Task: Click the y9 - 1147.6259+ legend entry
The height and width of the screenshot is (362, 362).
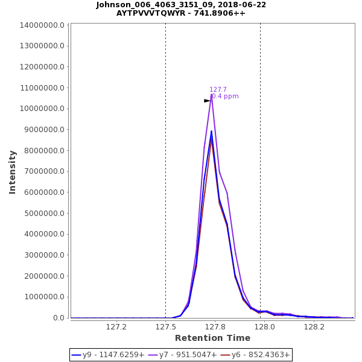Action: point(108,355)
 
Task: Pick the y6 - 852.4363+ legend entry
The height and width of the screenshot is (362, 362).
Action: point(255,355)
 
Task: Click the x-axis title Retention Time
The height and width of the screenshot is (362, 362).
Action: point(212,338)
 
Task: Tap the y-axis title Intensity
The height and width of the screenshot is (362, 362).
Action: point(13,171)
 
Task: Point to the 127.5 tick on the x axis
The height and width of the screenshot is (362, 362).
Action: point(166,326)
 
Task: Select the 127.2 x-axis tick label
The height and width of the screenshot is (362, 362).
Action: point(116,326)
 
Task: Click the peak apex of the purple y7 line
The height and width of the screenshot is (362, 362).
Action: point(211,95)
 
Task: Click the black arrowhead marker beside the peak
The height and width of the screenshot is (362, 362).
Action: point(207,101)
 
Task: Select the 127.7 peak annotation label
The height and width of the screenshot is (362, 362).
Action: point(218,90)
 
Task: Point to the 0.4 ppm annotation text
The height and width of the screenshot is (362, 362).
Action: point(225,97)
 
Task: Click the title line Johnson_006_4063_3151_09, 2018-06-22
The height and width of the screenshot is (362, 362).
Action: point(181,5)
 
